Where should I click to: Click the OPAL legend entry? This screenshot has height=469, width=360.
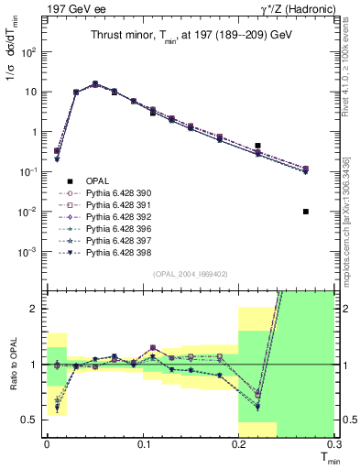click(97, 180)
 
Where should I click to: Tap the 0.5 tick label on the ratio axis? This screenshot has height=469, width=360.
click(32, 420)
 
